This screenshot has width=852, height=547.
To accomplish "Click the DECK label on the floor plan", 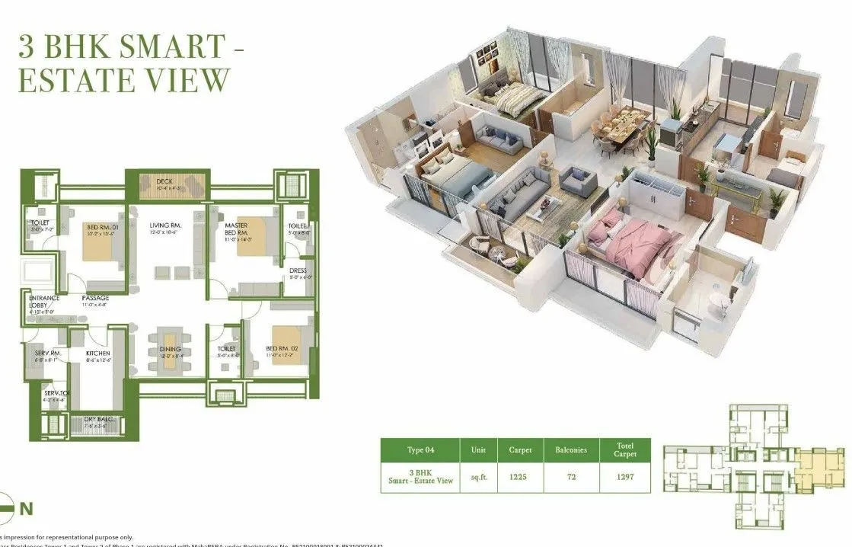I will click(164, 181).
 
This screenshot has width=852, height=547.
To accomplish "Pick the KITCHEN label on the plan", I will click(97, 353).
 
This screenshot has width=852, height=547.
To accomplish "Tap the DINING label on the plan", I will click(171, 349).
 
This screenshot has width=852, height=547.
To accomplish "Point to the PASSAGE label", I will click(95, 298).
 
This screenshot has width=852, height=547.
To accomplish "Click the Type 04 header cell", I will click(420, 449).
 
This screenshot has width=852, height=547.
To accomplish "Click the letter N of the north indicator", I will click(26, 508).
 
